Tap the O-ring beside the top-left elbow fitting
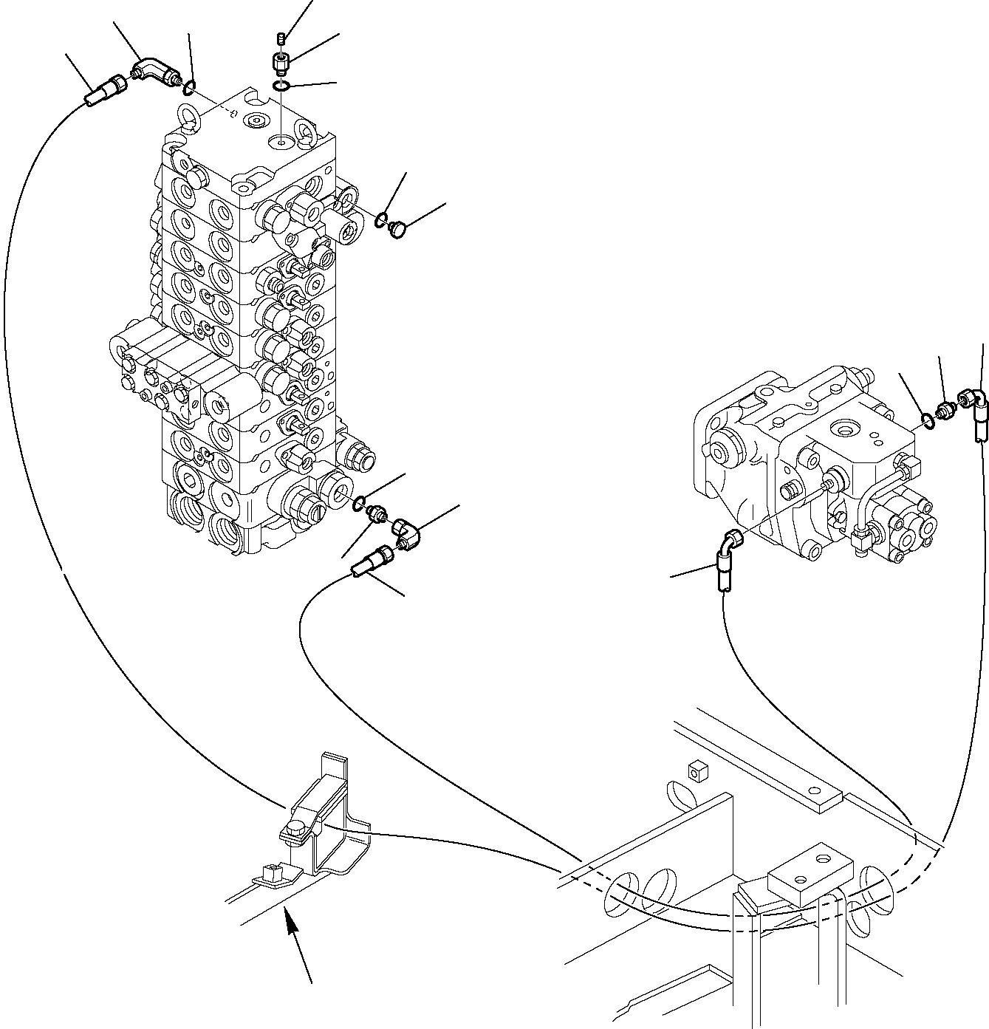189,90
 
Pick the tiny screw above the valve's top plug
281,38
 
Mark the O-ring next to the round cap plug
380,219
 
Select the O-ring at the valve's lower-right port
359,504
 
